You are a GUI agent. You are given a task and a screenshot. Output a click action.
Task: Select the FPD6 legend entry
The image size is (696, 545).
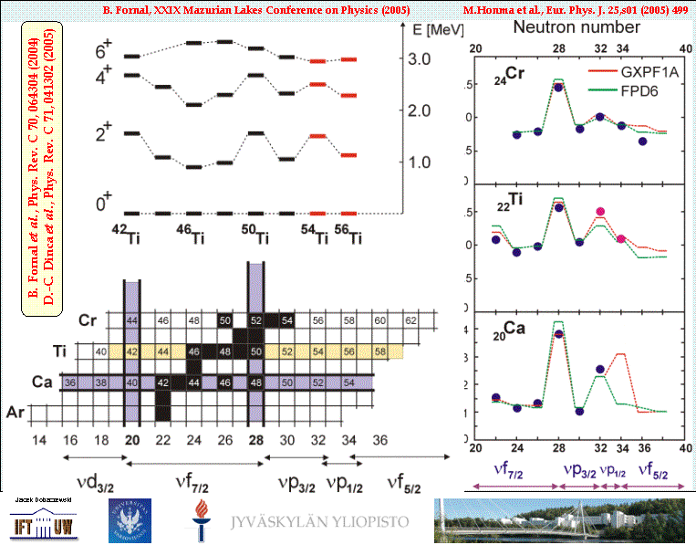click(618, 88)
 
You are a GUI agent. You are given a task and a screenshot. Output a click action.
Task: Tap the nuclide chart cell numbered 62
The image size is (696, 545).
click(410, 320)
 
